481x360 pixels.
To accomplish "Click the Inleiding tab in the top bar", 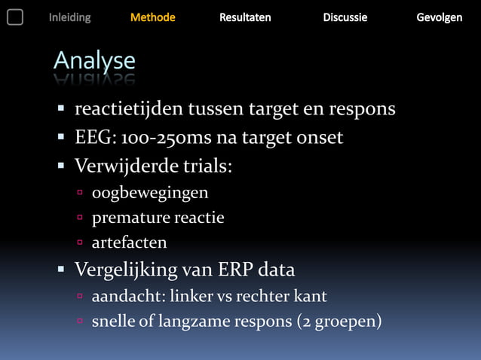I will (x=69, y=17).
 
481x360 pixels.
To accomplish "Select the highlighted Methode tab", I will (x=153, y=17).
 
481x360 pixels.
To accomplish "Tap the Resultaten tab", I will (x=245, y=17).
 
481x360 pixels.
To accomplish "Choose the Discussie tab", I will (x=345, y=17).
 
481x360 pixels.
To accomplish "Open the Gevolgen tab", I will (x=440, y=17).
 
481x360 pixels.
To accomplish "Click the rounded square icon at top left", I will (x=15, y=17).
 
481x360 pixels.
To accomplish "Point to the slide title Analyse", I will (x=94, y=61).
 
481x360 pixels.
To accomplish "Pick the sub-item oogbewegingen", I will (x=150, y=194).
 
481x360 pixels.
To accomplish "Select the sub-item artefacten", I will (x=129, y=243).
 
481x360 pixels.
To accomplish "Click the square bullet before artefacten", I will (x=78, y=243).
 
